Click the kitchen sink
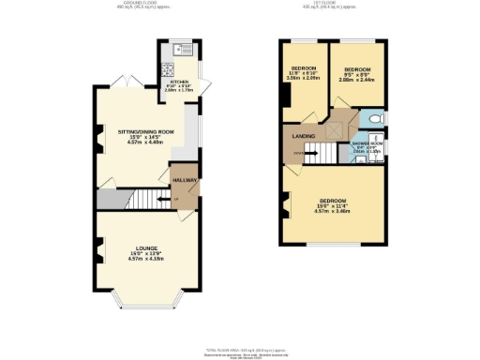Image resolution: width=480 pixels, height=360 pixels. [x=180, y=48]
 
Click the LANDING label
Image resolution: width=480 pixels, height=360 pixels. [x=303, y=138]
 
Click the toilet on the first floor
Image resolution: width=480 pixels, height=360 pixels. [x=374, y=120]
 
